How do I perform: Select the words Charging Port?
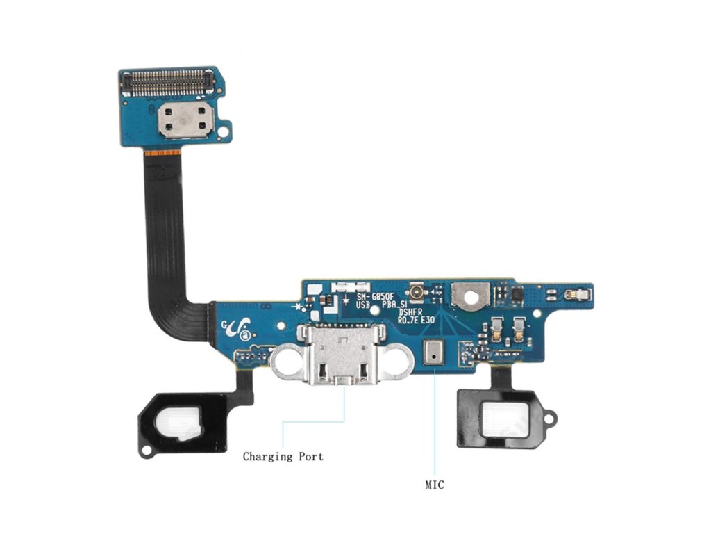pos(283,457)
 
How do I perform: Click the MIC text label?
pos(435,485)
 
